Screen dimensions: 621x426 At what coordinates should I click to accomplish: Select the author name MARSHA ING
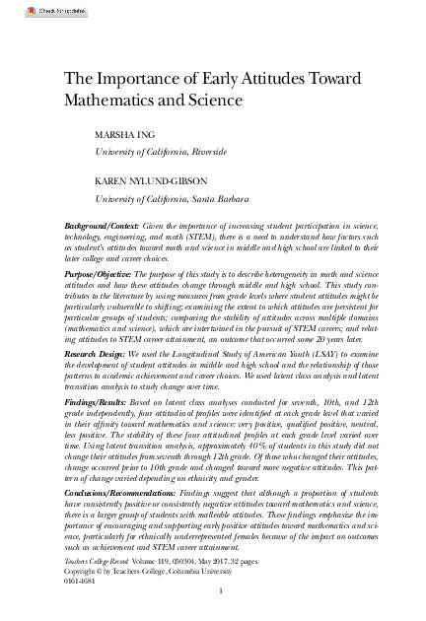[x=125, y=135]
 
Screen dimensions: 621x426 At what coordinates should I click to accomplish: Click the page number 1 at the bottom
[x=222, y=591]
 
